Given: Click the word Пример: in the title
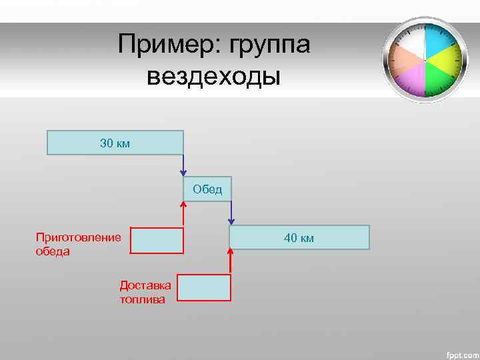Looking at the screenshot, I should pos(169,46).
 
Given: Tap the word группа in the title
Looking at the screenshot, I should pos(271,46).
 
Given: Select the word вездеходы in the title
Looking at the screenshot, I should pos(214,77).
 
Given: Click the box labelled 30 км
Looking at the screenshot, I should pos(115,143).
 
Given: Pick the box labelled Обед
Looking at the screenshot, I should pos(207,189).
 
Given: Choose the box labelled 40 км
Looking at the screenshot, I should pos(299,237).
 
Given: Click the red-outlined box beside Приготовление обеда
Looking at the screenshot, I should pos(157,241).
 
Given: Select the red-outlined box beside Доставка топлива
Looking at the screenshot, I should pos(204,287).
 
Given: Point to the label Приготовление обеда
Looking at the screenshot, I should pos(78,244).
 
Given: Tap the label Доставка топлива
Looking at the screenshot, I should pos(145,292).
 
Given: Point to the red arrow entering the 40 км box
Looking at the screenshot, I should pos(231,261).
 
